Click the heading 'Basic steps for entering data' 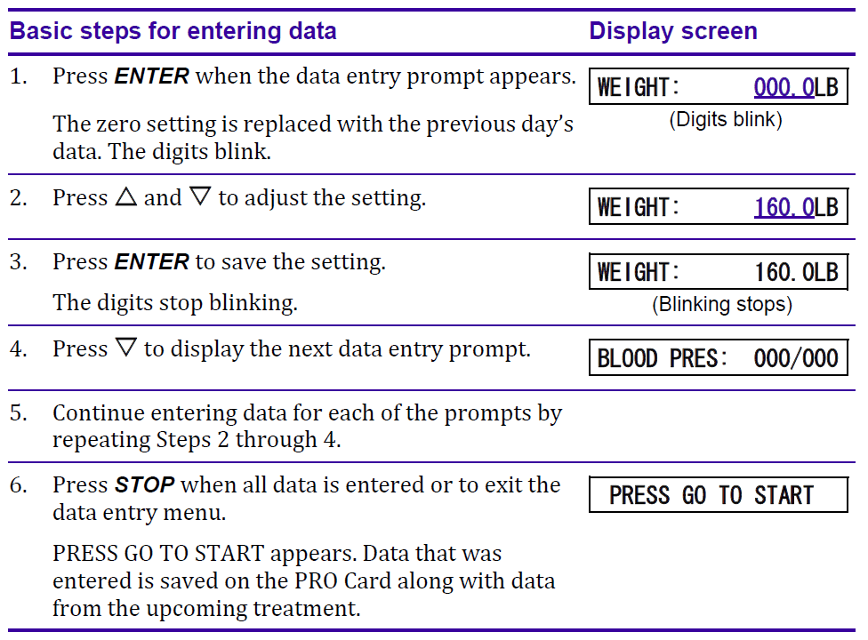(173, 32)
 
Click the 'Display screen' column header (672, 32)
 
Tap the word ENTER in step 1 (151, 76)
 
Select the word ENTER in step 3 (151, 262)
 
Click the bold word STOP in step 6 (144, 485)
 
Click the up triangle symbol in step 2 (125, 197)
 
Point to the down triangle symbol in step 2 (199, 197)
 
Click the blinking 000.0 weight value (784, 87)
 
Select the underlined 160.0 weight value (784, 207)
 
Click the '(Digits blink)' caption (725, 120)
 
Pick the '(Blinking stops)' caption (720, 305)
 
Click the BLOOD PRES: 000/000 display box (718, 358)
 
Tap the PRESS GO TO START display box (718, 495)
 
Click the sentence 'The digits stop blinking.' (174, 302)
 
